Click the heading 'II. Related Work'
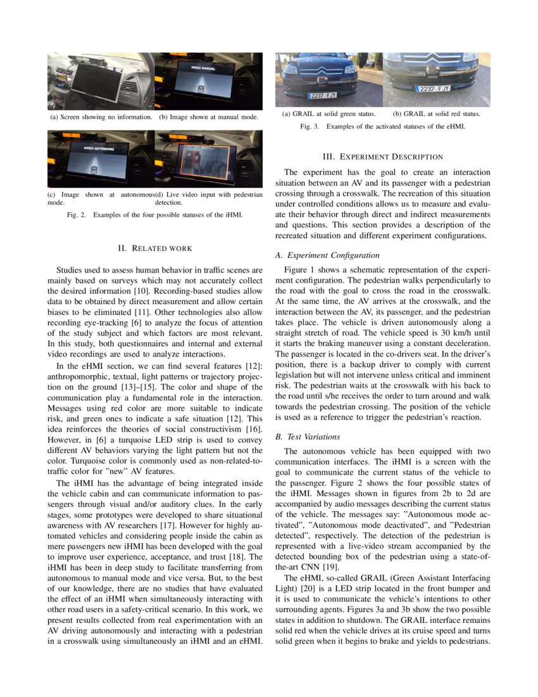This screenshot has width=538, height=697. pyautogui.click(x=155, y=248)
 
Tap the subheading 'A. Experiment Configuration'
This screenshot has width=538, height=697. pyautogui.click(x=327, y=255)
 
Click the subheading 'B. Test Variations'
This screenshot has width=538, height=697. pyautogui.click(x=308, y=437)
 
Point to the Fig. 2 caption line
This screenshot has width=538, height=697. pyautogui.click(x=155, y=215)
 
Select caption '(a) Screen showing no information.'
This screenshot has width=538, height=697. pyautogui.click(x=101, y=117)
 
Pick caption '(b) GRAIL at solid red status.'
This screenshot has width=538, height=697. pyautogui.click(x=436, y=114)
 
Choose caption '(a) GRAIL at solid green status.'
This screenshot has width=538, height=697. pyautogui.click(x=329, y=114)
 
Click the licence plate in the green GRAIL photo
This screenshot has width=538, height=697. pyautogui.click(x=322, y=95)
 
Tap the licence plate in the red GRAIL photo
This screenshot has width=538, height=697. pyautogui.click(x=434, y=89)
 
